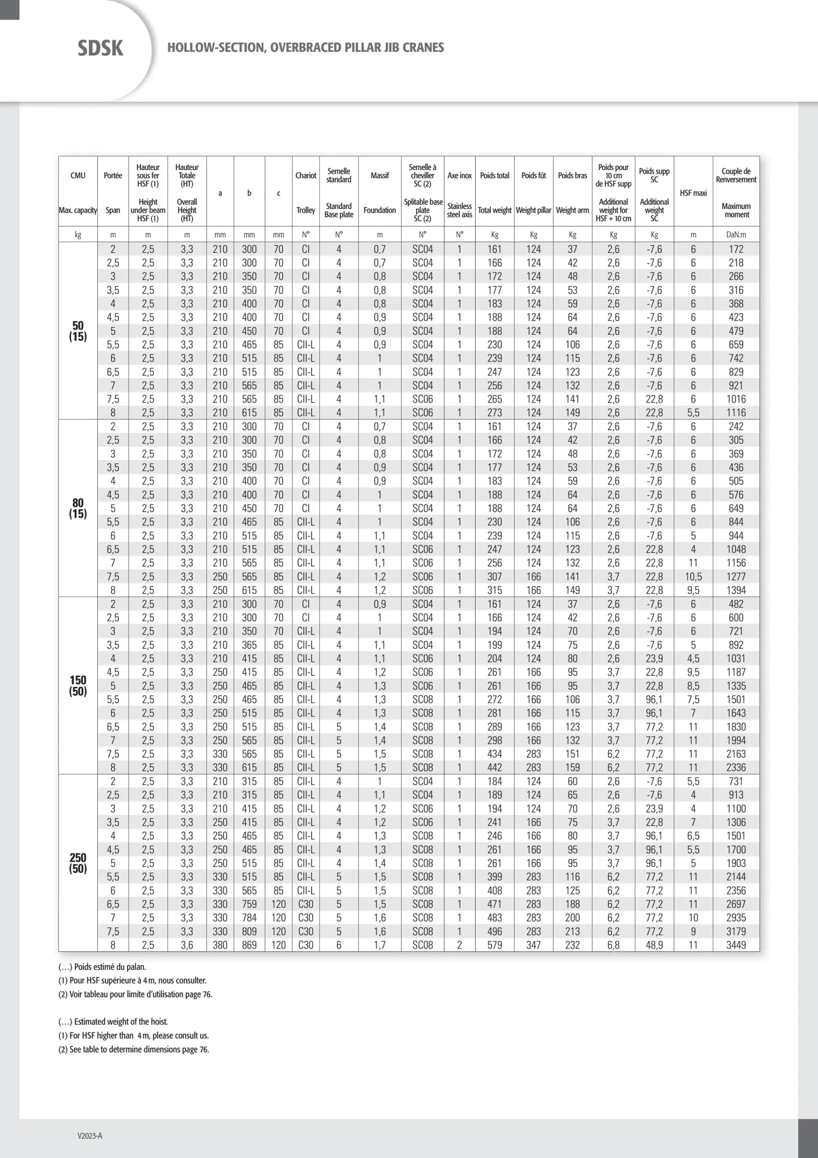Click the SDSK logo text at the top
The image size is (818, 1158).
100,48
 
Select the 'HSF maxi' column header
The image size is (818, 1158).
693,193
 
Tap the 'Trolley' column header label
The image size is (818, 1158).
306,210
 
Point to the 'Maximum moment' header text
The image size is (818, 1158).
736,210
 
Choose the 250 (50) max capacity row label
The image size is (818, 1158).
78,863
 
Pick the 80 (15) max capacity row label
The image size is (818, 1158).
78,508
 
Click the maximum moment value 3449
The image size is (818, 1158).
736,945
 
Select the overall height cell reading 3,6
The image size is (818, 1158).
187,945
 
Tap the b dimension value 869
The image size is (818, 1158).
249,945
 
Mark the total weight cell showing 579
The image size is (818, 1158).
494,945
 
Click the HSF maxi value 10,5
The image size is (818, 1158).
693,576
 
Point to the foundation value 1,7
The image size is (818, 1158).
380,945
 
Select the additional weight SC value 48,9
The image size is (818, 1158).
654,945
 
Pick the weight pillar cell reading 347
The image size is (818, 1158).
533,945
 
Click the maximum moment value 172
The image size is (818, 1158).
736,249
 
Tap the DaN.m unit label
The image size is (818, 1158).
736,234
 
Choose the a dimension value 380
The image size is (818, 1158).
220,945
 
